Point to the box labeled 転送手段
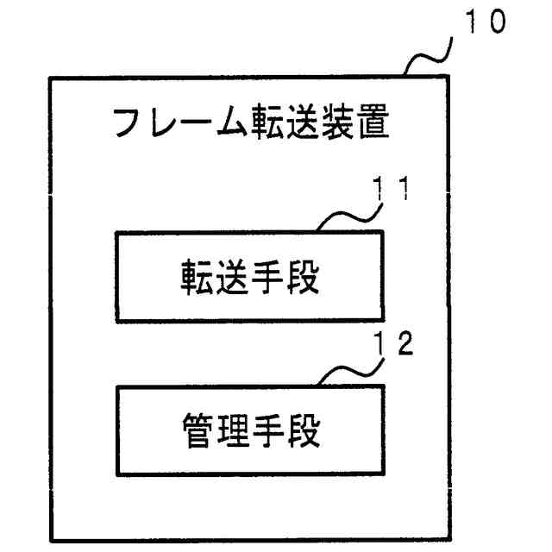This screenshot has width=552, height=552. [x=250, y=276]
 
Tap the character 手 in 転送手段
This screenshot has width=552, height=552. [x=267, y=277]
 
